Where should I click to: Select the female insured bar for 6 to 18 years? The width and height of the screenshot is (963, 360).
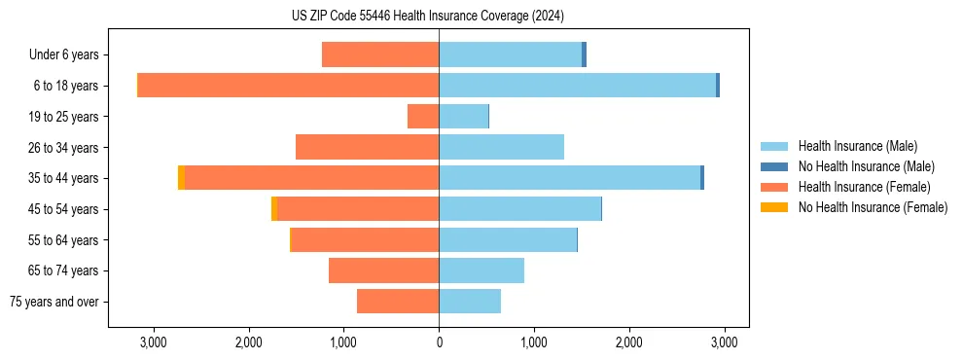(288, 86)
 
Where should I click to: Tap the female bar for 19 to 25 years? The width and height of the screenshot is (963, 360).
(423, 117)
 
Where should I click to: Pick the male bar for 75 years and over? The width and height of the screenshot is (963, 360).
(470, 302)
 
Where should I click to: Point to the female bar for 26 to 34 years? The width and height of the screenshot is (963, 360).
(367, 147)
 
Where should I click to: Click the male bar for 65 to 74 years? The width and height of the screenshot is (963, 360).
(481, 270)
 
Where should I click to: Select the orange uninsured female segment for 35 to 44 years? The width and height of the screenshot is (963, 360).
(181, 178)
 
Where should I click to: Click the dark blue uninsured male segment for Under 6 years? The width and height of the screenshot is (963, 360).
(584, 54)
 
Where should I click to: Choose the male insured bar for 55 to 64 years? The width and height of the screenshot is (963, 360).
(508, 239)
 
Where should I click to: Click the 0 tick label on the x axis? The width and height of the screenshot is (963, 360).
(439, 342)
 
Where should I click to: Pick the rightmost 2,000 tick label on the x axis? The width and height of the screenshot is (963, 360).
(628, 342)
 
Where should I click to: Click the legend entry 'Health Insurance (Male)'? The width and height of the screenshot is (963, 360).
(857, 146)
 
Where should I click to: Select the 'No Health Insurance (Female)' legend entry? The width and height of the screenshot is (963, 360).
(873, 207)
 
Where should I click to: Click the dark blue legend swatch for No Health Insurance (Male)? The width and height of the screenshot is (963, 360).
(774, 166)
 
